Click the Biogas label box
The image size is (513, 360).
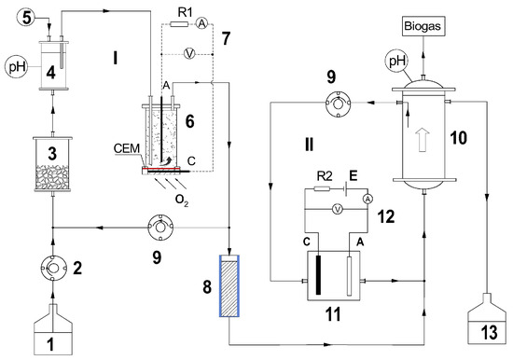[x=423, y=26]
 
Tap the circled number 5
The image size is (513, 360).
[x=26, y=18]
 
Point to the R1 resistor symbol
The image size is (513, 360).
[x=179, y=24]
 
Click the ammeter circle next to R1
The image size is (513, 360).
[x=202, y=23]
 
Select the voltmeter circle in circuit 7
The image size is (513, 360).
[x=189, y=54]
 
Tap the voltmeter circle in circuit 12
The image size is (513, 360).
[x=338, y=209]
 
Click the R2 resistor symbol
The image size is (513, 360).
[x=323, y=188]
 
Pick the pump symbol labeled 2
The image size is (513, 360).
[x=53, y=268]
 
